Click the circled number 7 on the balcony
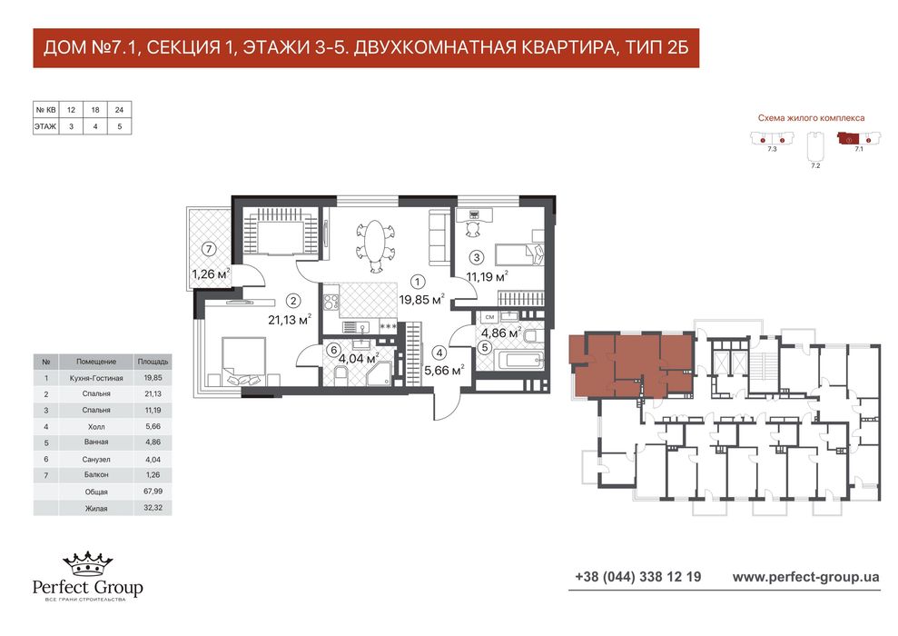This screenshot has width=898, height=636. pos(210,249)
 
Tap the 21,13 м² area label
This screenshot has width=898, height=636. pos(290,319)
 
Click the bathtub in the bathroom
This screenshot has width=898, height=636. pos(521,361)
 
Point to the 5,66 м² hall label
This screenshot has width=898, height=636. pos(444,370)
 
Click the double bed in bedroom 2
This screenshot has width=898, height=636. pos(243,361)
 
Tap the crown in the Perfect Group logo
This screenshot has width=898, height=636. pos(88,564)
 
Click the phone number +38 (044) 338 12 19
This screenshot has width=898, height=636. pos(638,576)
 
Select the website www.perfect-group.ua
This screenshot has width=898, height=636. pos(805,577)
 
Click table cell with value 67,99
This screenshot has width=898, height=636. pos(153,491)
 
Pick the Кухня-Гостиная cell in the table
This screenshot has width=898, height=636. pos(96,378)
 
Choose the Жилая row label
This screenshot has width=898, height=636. pos(96,508)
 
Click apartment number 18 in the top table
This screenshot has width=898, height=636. pos(95,109)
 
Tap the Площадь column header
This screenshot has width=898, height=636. pos(153,362)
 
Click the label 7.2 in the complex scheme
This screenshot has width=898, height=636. pos(815,165)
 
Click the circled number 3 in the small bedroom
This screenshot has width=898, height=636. pos(477,257)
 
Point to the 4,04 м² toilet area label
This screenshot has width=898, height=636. pos(359,359)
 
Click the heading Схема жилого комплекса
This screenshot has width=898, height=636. pos(811,118)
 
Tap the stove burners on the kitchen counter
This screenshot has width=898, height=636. pos(331,302)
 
